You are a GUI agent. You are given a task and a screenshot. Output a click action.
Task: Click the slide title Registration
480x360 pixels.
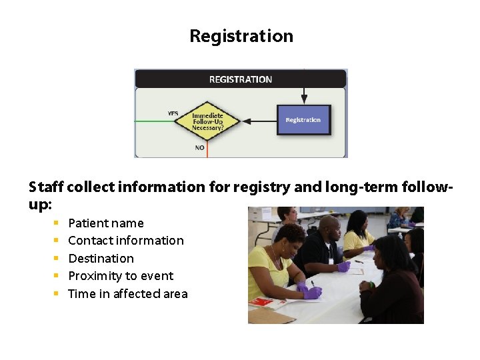coord(241,36)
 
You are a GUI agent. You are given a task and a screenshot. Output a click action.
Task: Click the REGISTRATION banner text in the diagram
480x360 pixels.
coord(241,79)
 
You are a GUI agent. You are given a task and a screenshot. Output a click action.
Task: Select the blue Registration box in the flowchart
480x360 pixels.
coord(303,120)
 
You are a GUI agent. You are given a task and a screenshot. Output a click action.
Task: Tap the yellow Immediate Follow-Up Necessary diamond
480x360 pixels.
coord(207,121)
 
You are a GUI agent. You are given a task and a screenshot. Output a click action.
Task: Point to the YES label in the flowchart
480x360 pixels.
coord(173,113)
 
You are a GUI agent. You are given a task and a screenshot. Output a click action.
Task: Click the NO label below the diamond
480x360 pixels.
coord(199,147)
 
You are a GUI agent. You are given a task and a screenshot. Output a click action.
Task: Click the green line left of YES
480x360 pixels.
coord(157,121)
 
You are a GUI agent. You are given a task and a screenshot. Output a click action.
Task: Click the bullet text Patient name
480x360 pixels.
coord(106,223)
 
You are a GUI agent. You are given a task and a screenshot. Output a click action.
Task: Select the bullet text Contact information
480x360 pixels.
coord(126,241)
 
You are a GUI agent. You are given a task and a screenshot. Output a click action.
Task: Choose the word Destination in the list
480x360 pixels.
coord(101,259)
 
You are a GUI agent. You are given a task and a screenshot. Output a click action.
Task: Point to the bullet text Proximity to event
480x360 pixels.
coord(121,276)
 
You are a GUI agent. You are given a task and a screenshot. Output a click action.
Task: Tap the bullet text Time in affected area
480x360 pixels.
coord(128,294)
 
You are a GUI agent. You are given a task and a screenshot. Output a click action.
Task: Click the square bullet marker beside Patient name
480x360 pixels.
coord(57,223)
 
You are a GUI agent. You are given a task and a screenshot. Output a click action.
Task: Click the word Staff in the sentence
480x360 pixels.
coord(46,187)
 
